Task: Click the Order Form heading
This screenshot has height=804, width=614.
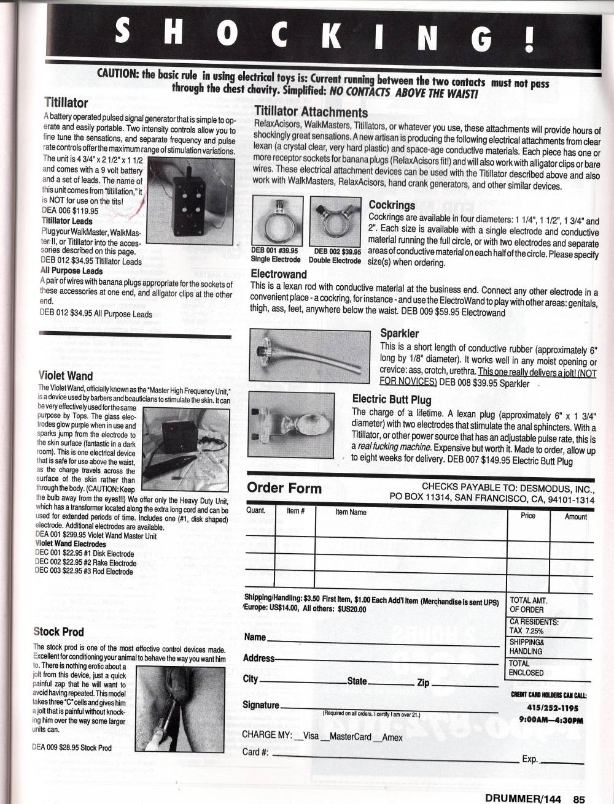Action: pos(284,488)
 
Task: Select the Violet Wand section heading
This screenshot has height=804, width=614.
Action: pos(65,376)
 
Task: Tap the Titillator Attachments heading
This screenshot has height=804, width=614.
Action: pos(311,112)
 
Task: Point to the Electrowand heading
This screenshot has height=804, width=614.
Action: pos(279,274)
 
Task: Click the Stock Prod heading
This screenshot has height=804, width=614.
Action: pos(58,632)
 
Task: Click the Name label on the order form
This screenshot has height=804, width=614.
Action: pos(255,637)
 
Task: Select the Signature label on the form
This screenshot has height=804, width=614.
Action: pos(261,705)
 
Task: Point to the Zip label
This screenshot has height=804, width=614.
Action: pos(423,682)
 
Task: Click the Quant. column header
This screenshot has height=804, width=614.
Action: pos(256,510)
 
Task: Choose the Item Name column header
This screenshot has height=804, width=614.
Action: pos(351,511)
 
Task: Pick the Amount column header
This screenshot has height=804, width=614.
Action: pos(575,516)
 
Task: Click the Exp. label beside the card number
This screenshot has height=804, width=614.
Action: pos(530,759)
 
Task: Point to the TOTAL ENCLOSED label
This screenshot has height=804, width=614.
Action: pos(526,668)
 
